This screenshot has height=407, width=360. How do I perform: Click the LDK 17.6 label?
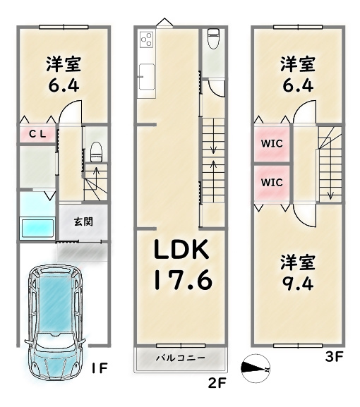[x=182, y=265]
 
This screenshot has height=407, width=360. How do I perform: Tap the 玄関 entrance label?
[x=83, y=221]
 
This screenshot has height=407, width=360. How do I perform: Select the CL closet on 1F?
[x=37, y=134]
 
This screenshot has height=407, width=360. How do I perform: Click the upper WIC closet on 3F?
[x=272, y=143]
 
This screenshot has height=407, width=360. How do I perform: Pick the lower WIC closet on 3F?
[x=272, y=183]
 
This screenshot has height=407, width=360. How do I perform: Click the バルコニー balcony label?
[x=180, y=358]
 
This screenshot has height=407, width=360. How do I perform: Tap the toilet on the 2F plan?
[x=213, y=38]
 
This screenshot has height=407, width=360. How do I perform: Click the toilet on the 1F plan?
[x=96, y=152]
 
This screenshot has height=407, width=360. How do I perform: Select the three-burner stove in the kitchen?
[x=146, y=40]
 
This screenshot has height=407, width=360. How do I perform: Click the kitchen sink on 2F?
[x=147, y=77]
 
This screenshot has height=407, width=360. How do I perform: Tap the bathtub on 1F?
[x=37, y=228]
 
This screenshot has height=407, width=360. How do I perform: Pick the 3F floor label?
[x=335, y=356]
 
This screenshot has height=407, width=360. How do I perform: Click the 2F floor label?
[x=217, y=383]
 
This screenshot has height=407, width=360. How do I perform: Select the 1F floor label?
[x=100, y=367]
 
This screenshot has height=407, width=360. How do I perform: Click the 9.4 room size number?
[x=298, y=284]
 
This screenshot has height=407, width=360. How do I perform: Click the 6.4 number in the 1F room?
[x=64, y=85]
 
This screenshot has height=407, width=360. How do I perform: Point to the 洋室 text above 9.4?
[x=298, y=262]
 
